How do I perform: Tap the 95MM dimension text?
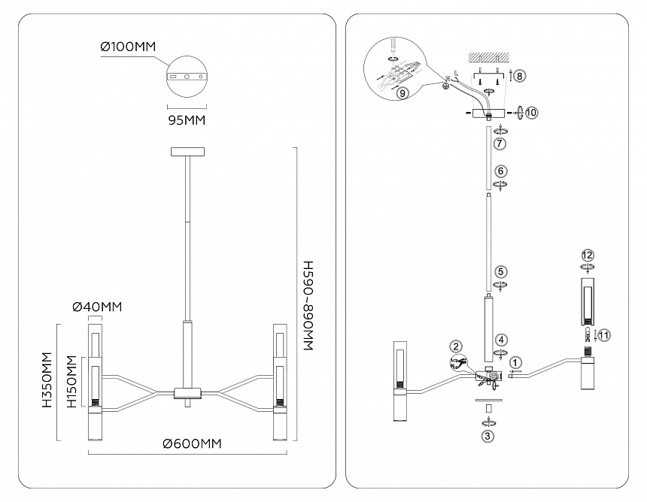(185, 119)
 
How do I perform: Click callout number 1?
(515, 361)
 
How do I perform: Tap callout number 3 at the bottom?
(488, 434)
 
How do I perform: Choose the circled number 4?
(501, 340)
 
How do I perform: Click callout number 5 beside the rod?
(501, 271)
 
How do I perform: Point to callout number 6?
(501, 171)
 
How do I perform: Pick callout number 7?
(501, 142)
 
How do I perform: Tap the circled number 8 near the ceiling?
(520, 76)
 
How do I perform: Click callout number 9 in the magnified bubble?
(402, 93)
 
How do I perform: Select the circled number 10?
(531, 112)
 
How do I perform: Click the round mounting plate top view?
(187, 77)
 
